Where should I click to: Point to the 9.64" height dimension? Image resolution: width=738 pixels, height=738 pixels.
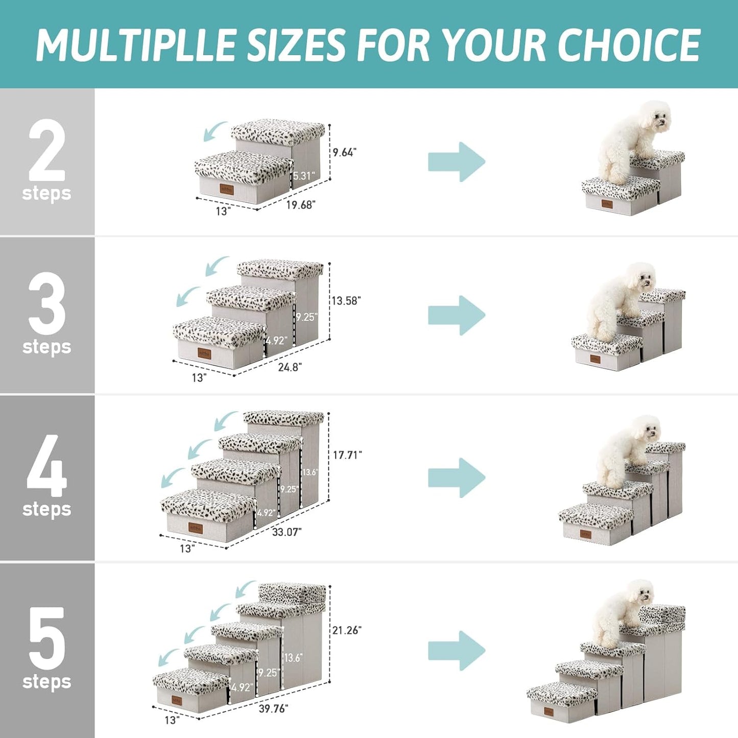coord(345,152)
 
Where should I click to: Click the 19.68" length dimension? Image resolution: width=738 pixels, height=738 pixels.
coord(300,205)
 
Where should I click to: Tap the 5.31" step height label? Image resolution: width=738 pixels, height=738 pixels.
coord(304,176)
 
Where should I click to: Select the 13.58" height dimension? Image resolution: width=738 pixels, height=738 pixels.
coord(346,301)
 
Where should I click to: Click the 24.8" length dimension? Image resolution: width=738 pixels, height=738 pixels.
coord(290,367)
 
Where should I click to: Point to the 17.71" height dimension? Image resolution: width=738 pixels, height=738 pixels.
coord(347,455)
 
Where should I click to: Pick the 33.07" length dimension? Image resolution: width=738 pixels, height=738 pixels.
coord(287,532)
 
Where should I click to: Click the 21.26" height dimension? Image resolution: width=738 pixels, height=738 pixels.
coord(347,630)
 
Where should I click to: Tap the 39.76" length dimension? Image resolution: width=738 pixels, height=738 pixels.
coord(273,708)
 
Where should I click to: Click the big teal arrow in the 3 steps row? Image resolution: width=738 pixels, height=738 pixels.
coord(456,315)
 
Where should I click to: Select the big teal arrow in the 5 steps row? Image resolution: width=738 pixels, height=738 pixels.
coord(456,650)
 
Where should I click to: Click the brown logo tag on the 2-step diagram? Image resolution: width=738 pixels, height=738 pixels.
coord(227,189)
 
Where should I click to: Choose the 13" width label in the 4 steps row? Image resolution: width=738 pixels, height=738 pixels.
coord(187,549)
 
